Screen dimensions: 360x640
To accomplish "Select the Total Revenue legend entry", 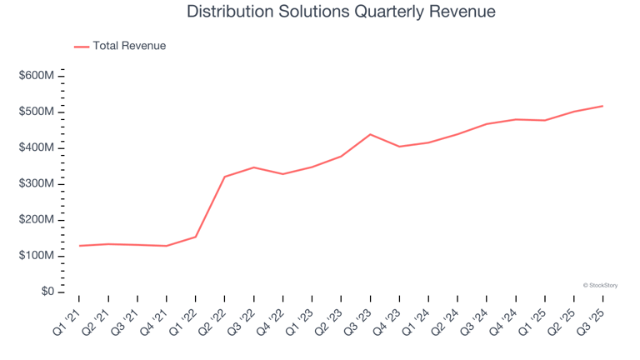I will pyautogui.click(x=128, y=46).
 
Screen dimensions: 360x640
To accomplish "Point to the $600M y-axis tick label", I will pyautogui.click(x=37, y=76).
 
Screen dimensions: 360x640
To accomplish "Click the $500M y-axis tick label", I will pyautogui.click(x=37, y=112).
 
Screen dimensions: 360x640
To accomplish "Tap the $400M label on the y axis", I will pyautogui.click(x=37, y=147).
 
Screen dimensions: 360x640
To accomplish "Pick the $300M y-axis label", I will pyautogui.click(x=37, y=183).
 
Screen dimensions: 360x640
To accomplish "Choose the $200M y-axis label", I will pyautogui.click(x=37, y=220).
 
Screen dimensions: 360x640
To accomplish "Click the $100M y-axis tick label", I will pyautogui.click(x=37, y=256).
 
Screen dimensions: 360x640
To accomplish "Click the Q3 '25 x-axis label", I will pyautogui.click(x=593, y=317).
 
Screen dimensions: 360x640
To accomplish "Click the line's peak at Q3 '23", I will pyautogui.click(x=370, y=134).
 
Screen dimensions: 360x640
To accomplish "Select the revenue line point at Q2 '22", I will pyautogui.click(x=225, y=177).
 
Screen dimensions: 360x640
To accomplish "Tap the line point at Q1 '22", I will pyautogui.click(x=196, y=237).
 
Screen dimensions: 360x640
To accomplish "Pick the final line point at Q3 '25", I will pyautogui.click(x=602, y=106).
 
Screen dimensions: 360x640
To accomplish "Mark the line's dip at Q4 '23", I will pyautogui.click(x=399, y=147).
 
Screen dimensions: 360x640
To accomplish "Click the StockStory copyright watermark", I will pyautogui.click(x=600, y=285).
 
